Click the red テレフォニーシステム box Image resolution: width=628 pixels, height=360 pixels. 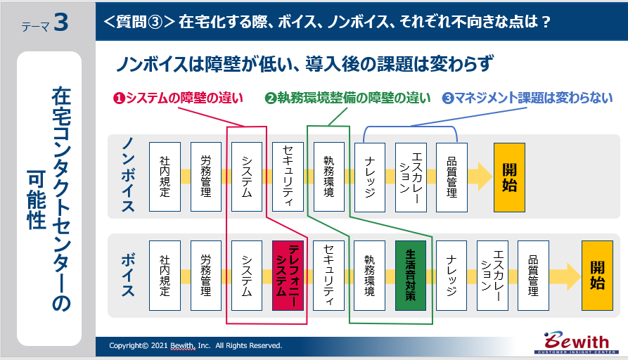coord(288,276)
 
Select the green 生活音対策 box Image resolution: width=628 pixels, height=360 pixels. coord(411,276)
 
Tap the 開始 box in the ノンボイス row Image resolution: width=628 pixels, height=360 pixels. coord(509,177)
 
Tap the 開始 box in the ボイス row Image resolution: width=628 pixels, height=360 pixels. coord(597,276)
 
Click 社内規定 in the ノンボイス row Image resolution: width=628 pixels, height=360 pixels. coord(165,177)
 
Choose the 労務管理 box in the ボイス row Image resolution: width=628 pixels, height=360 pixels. coord(206,276)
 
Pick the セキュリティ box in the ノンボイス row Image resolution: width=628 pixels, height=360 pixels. coord(288,177)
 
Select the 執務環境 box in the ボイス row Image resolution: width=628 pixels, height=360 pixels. coord(369,276)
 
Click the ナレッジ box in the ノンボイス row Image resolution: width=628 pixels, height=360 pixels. coord(370,177)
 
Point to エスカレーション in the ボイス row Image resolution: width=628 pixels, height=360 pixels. coord(492,276)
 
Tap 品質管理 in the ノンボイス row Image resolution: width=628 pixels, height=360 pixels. coord(451,177)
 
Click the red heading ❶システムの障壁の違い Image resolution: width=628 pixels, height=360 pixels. coord(178,98)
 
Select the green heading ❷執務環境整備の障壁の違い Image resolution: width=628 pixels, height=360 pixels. coord(347,98)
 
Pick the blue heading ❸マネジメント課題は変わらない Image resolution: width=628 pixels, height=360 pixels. coord(527,98)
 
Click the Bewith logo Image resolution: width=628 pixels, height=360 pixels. coord(577,342)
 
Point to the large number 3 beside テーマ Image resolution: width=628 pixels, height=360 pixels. coord(60,22)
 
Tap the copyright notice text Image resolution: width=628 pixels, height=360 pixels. coord(196,345)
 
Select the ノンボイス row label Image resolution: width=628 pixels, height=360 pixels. coord(128,174)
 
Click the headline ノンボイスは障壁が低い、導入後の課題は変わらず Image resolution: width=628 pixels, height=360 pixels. coord(305,64)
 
